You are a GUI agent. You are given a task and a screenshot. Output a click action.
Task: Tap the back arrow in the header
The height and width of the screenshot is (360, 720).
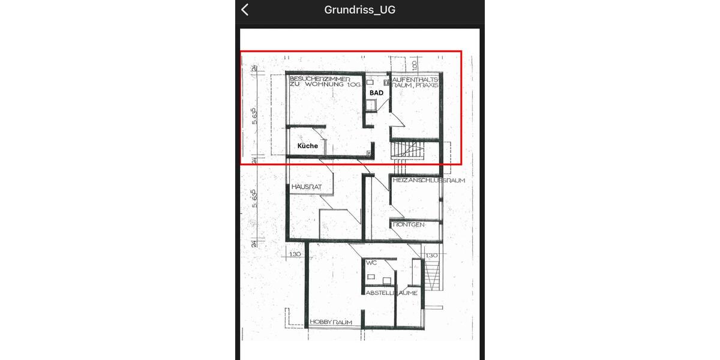pos(245,10)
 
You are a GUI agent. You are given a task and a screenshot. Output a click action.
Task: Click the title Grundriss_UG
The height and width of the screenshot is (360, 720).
pos(359,10)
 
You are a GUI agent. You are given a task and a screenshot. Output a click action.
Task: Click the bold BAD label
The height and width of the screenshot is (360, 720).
pos(376,93)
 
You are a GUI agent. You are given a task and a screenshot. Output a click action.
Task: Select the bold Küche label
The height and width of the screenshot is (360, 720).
pos(308,146)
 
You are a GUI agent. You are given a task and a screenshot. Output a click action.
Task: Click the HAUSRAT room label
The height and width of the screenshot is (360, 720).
pos(307,187)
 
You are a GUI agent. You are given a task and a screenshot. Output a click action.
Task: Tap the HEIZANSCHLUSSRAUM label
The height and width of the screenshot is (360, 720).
pos(428,180)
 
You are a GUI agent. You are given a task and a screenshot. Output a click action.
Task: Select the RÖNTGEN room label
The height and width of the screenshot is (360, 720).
pos(409,224)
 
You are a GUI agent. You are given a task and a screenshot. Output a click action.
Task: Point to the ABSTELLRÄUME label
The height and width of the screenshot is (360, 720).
pos(392,293)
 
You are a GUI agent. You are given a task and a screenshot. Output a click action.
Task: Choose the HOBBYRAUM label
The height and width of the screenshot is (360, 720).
pos(331,323)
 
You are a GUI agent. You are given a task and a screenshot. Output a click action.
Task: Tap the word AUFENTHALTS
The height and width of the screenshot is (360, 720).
pos(416,79)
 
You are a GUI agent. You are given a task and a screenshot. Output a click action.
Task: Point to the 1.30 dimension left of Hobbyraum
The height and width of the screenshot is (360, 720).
pos(295,255)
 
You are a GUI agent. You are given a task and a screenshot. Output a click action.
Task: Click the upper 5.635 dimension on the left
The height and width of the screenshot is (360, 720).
pos(254,116)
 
